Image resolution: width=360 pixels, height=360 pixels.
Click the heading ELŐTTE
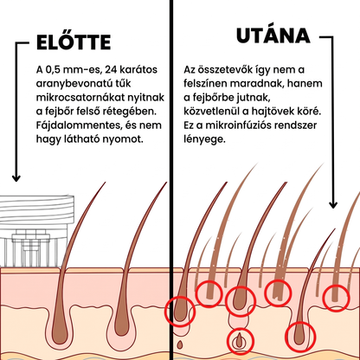click(74, 42)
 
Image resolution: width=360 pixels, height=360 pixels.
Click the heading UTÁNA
click(273, 35)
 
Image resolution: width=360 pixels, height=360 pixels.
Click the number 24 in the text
click(112, 70)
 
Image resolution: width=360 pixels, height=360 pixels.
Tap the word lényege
click(204, 139)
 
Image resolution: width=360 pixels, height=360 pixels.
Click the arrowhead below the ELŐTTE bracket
click(16, 178)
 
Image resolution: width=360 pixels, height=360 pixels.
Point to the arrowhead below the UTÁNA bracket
click(333, 204)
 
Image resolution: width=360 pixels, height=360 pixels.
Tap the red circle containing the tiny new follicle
click(241, 341)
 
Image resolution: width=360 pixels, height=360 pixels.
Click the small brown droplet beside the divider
click(180, 344)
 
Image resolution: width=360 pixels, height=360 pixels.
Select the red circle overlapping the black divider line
click(180, 312)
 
